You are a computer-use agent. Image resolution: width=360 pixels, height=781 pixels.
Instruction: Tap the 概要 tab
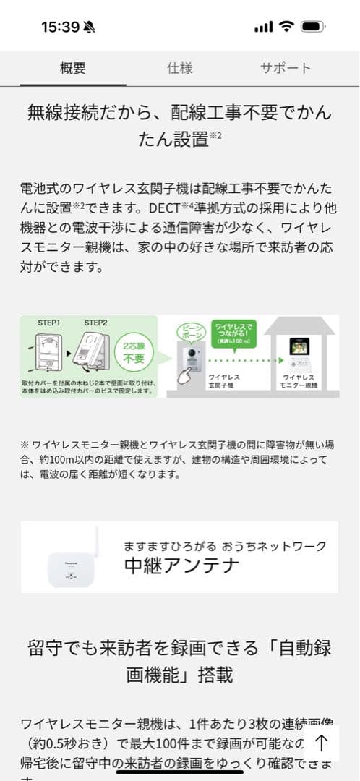[x=72, y=69]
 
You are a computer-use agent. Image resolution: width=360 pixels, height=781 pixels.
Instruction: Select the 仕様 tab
[x=180, y=69]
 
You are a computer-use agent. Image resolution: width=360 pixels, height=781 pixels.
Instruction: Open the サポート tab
[x=286, y=69]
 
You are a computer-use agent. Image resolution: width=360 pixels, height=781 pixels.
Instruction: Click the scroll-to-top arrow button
[x=322, y=743]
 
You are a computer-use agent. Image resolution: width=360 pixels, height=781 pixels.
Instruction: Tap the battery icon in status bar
[x=313, y=27]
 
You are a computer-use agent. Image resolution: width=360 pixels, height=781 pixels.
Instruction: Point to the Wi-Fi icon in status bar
[x=286, y=27]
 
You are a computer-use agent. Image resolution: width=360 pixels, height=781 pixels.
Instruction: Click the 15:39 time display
[x=60, y=27]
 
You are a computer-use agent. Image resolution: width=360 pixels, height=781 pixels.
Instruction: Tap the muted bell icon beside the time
[x=90, y=27]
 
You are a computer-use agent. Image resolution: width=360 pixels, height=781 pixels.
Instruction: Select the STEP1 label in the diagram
[x=49, y=322]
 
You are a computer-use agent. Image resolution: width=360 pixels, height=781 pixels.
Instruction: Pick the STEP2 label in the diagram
[x=95, y=322]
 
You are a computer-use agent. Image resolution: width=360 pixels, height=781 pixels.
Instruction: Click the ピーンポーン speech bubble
[x=190, y=333]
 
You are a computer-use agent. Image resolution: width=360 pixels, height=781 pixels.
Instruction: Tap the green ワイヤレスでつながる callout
[x=233, y=333]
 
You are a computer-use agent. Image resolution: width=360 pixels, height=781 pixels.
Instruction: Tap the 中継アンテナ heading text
[x=181, y=566]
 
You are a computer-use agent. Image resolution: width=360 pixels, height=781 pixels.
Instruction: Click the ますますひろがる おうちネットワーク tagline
[x=225, y=545]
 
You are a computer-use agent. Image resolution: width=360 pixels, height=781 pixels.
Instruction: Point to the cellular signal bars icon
[x=264, y=27]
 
